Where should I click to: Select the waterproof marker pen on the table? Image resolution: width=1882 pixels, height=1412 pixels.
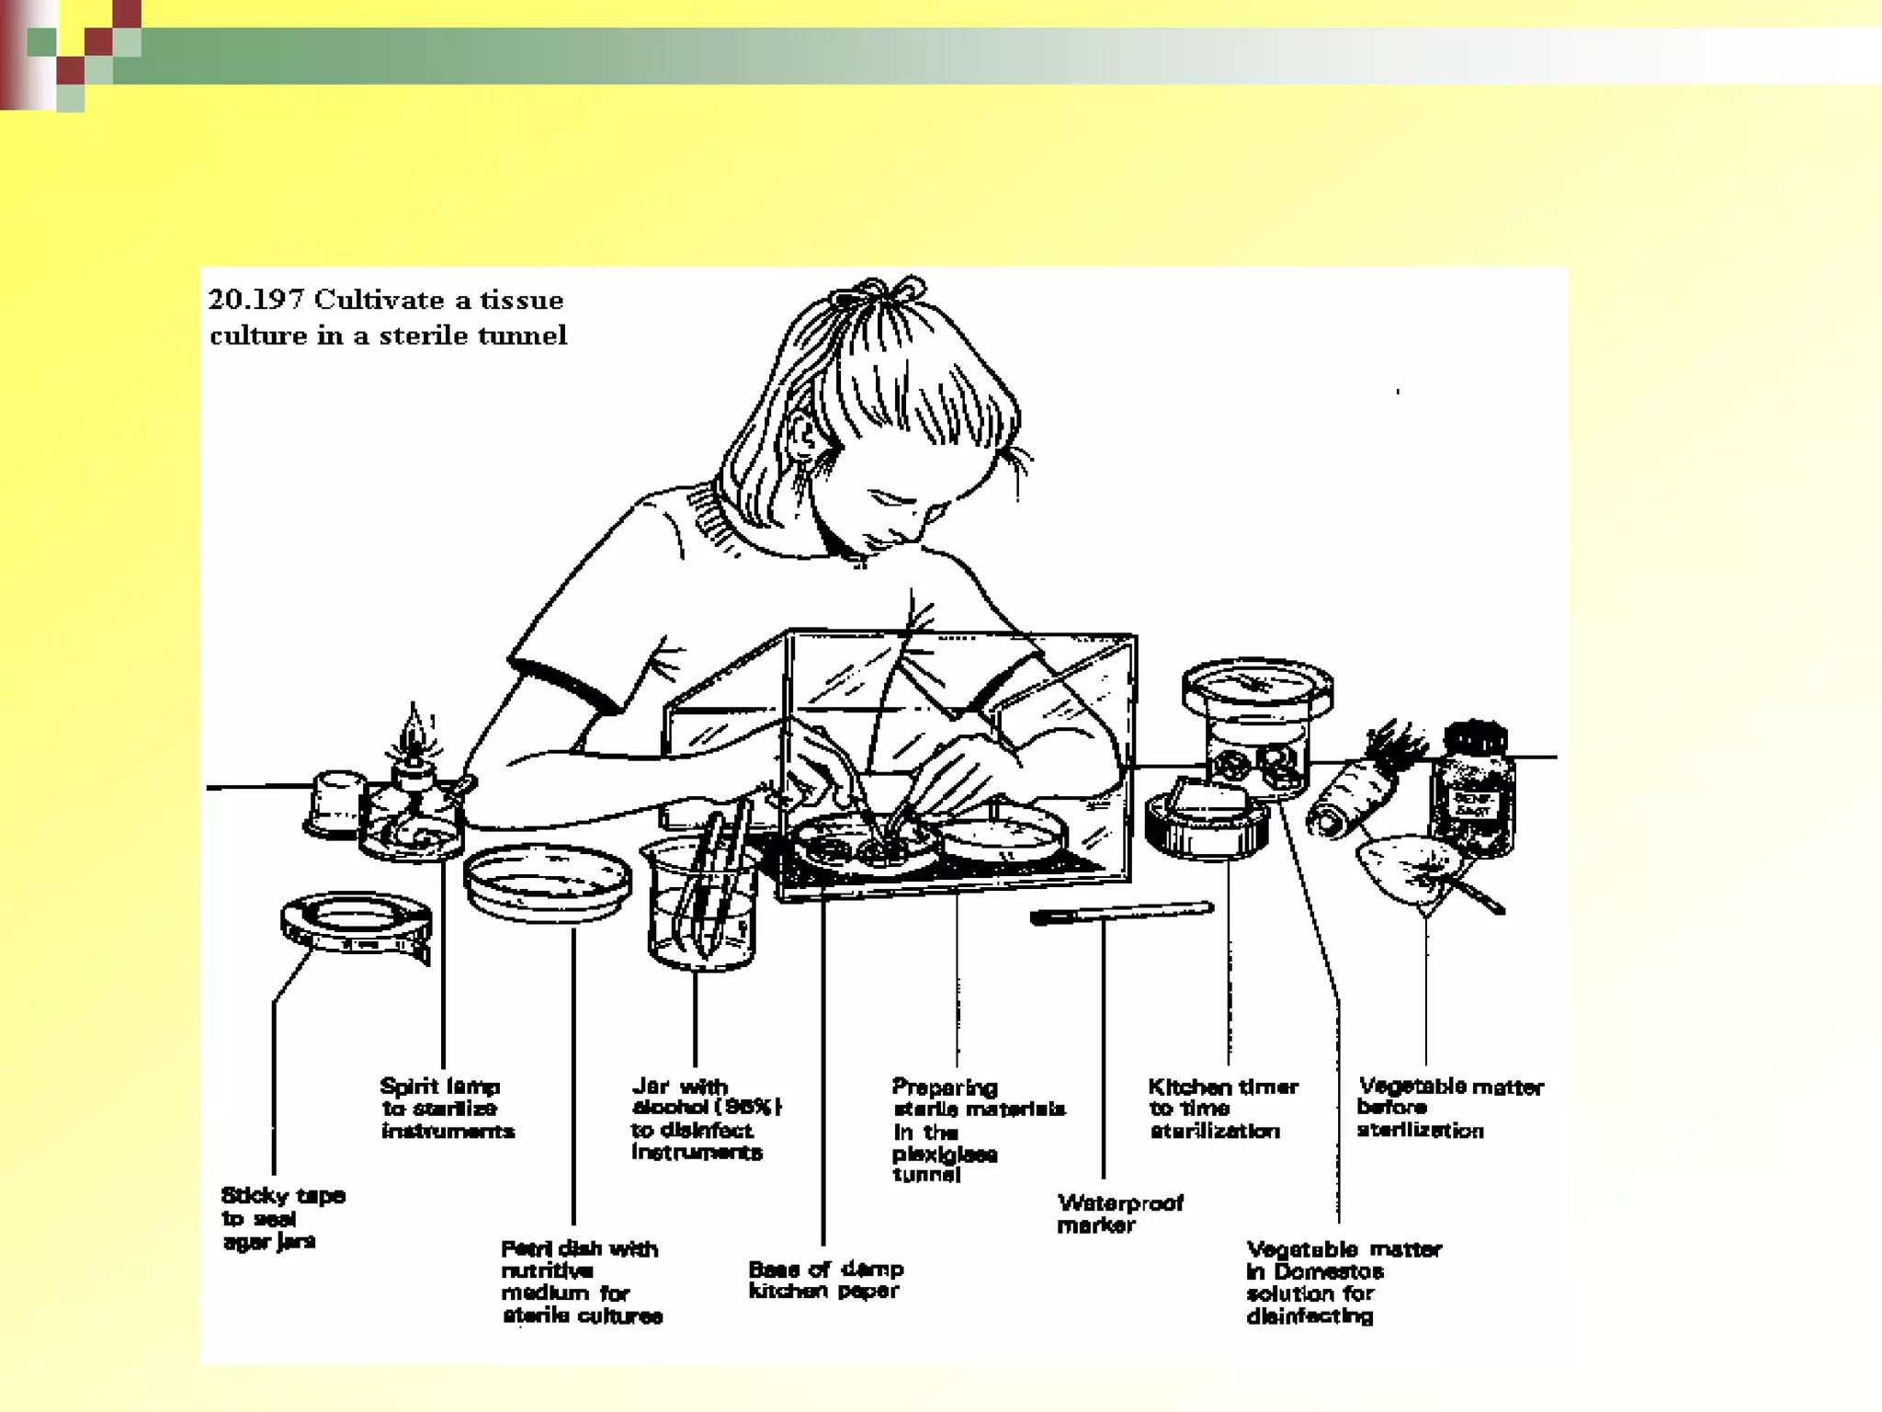tap(1121, 913)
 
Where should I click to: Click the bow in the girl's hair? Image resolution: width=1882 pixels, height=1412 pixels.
tap(878, 293)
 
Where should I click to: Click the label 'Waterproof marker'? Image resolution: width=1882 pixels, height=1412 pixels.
tap(1119, 1213)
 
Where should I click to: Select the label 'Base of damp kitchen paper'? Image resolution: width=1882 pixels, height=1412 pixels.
tap(825, 1280)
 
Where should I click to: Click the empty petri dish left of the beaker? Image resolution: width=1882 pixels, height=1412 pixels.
tap(549, 881)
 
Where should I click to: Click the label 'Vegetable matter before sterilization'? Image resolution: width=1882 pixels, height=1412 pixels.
tap(1448, 1108)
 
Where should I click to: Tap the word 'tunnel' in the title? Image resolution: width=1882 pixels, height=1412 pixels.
tap(522, 336)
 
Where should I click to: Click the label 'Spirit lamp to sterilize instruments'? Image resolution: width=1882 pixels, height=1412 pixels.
tap(446, 1109)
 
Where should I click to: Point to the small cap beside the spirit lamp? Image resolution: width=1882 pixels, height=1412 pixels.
tap(335, 803)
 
